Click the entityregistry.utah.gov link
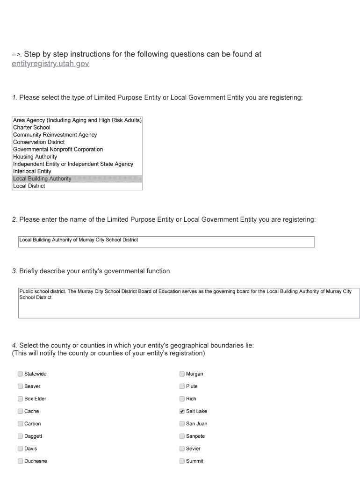(x=50, y=64)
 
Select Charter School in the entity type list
(x=32, y=127)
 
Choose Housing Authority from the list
(x=35, y=157)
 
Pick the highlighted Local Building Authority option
(x=42, y=179)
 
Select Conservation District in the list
(x=39, y=142)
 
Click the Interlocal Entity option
(x=32, y=171)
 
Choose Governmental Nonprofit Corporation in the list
(x=58, y=149)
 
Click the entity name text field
(x=166, y=241)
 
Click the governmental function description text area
(x=188, y=303)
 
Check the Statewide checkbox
(x=20, y=374)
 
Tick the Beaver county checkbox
(x=20, y=386)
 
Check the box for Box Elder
(x=20, y=399)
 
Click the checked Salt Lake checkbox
(x=182, y=411)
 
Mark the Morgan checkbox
(x=182, y=374)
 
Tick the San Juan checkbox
(x=182, y=424)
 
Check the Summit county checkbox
(x=182, y=461)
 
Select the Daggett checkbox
(x=20, y=436)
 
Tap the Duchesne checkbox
(x=20, y=461)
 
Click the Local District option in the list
(x=29, y=186)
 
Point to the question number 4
(x=14, y=346)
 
